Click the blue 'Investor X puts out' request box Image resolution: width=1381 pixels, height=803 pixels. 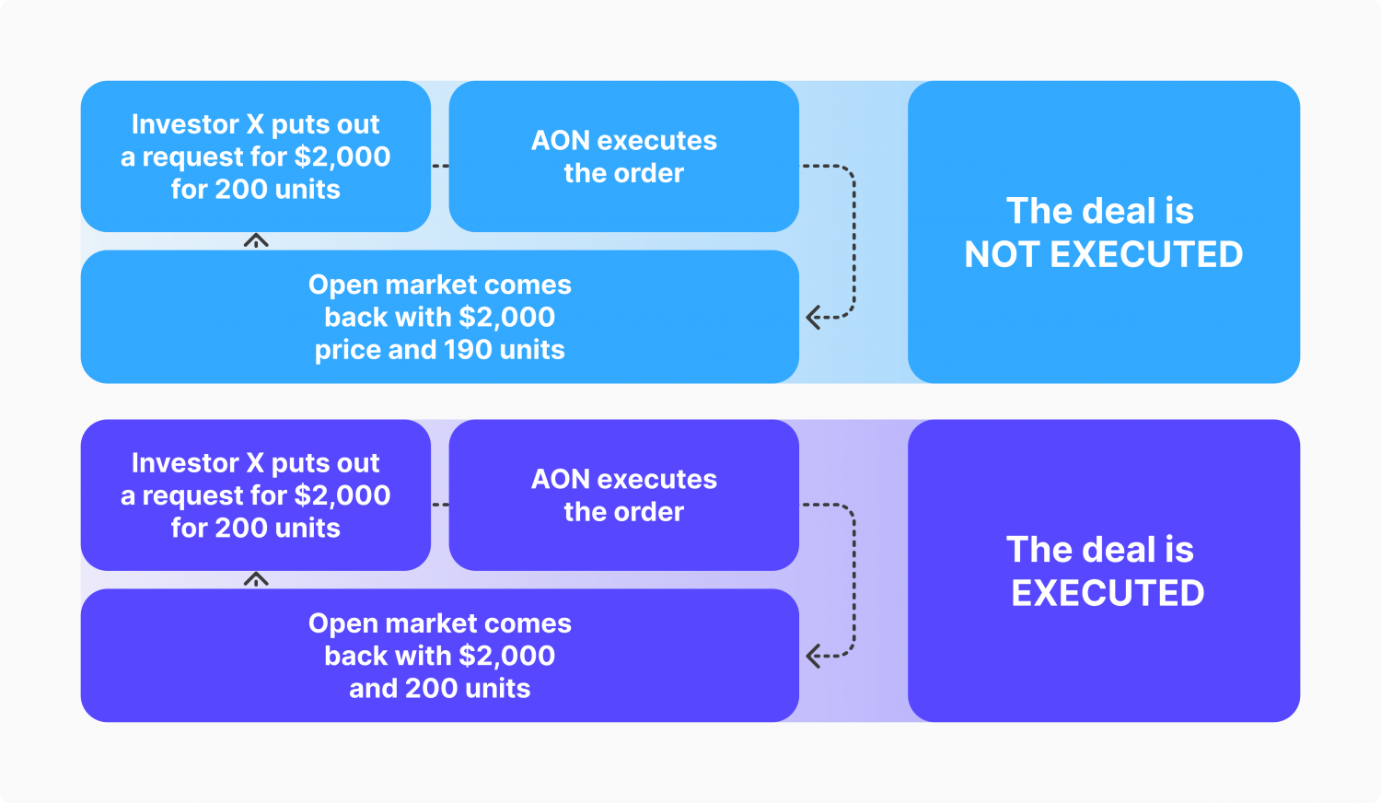tap(255, 157)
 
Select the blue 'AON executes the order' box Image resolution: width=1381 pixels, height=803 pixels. tap(623, 157)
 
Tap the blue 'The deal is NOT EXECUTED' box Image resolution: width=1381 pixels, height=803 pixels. tap(1103, 232)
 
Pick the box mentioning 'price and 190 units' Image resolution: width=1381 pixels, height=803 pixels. tap(439, 317)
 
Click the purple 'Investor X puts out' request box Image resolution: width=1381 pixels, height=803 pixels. tap(255, 495)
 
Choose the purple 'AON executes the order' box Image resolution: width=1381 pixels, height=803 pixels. tap(623, 495)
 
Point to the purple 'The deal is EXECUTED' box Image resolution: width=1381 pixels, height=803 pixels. tap(1103, 571)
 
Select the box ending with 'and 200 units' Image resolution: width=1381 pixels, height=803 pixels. tap(439, 656)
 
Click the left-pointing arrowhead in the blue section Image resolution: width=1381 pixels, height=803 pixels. tap(812, 318)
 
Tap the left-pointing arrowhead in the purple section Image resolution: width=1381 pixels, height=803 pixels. tap(812, 656)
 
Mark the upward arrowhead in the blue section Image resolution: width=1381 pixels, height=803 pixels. tap(256, 240)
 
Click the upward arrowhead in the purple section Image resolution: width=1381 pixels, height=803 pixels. tap(256, 579)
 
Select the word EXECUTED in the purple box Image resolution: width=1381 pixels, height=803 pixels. tap(1108, 594)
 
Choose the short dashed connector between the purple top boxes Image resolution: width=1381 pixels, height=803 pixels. tap(440, 505)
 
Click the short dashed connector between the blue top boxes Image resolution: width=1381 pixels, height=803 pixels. tap(440, 166)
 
